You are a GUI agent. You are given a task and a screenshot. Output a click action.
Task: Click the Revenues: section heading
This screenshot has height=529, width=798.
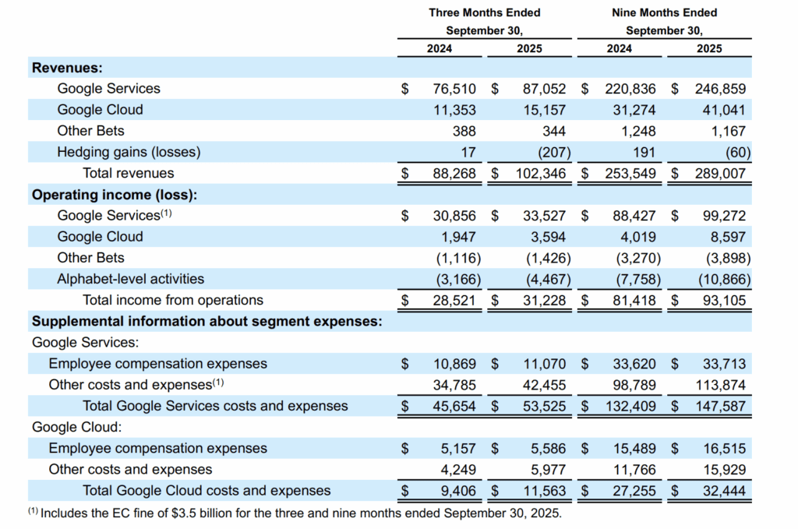click(x=68, y=68)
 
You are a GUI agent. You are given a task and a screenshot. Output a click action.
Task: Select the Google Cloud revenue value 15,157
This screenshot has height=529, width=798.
click(x=544, y=110)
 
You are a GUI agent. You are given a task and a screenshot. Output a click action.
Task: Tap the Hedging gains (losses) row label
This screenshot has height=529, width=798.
click(x=129, y=152)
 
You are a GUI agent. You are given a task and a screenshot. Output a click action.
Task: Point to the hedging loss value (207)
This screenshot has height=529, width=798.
click(x=549, y=152)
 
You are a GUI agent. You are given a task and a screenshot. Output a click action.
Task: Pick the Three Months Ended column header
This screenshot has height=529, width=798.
click(x=484, y=12)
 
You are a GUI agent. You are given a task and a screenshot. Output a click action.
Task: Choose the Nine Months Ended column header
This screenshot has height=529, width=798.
click(x=664, y=12)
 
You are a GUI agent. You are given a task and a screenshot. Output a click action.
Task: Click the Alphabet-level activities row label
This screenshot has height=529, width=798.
click(x=130, y=279)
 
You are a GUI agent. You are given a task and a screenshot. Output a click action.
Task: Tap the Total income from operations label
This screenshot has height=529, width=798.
click(x=173, y=300)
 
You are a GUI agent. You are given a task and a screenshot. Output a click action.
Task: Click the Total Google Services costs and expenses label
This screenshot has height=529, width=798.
click(x=215, y=406)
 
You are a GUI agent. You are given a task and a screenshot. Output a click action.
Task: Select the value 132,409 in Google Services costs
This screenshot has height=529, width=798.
click(x=630, y=406)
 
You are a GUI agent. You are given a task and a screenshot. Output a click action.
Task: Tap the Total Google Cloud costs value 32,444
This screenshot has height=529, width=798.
click(x=722, y=490)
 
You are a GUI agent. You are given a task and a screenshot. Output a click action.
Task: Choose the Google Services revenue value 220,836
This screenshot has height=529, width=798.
click(x=630, y=89)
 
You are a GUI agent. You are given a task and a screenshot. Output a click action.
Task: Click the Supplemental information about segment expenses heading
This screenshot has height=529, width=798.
click(x=207, y=321)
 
